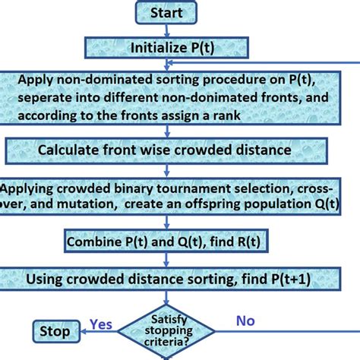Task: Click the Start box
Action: tap(166, 12)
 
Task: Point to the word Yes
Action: tap(101, 324)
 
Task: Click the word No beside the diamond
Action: tap(245, 321)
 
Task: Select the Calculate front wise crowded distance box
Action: tap(166, 150)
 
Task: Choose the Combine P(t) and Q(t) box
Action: tap(166, 243)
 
